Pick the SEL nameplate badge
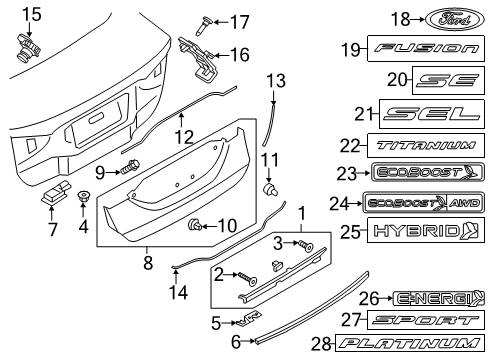click(427, 114)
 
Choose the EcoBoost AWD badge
click(418, 202)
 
